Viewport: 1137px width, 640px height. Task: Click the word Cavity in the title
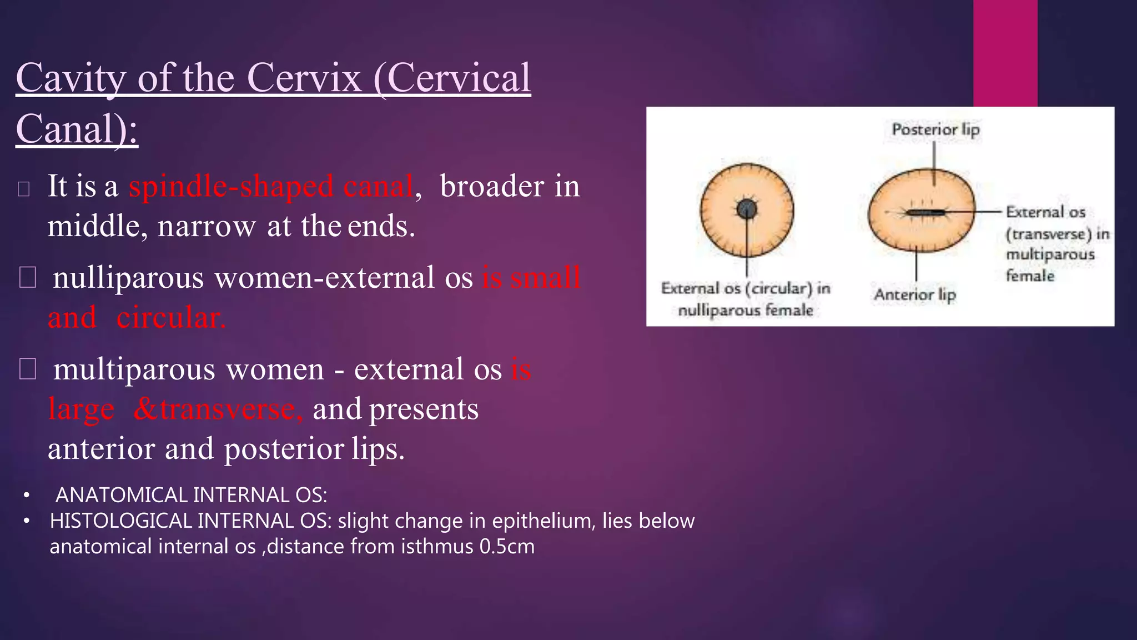click(x=71, y=78)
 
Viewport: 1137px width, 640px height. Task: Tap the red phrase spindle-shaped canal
click(x=271, y=186)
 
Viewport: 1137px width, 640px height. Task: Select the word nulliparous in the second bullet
click(x=128, y=277)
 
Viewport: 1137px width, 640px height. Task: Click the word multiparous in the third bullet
click(x=133, y=369)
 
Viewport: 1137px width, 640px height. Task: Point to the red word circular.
click(x=170, y=318)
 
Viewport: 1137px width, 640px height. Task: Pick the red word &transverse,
click(x=218, y=409)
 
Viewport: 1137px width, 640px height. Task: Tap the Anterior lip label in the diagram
click(x=915, y=294)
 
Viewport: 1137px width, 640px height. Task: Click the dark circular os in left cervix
click(x=747, y=209)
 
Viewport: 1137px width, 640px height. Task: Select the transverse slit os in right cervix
click(x=925, y=212)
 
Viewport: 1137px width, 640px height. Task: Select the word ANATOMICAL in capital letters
click(x=122, y=495)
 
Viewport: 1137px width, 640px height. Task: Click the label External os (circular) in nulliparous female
click(x=746, y=299)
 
